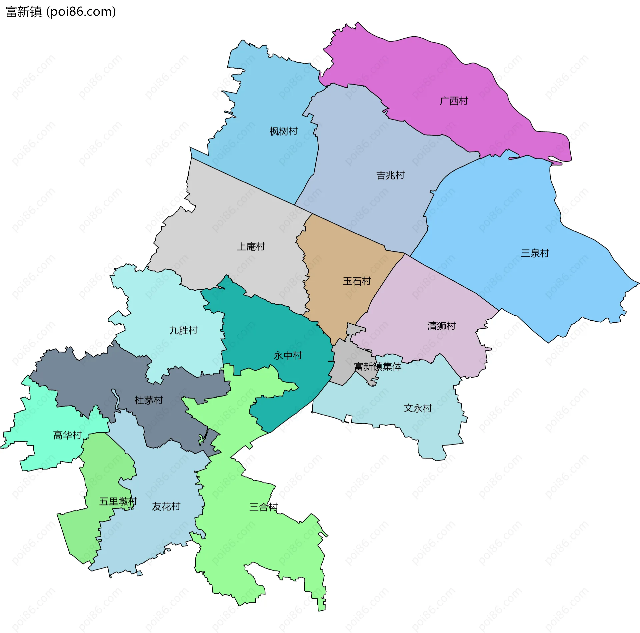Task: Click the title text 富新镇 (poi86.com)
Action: pyautogui.click(x=61, y=12)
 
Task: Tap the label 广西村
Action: pyautogui.click(x=454, y=101)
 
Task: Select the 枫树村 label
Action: pyautogui.click(x=283, y=132)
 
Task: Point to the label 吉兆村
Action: pyautogui.click(x=390, y=175)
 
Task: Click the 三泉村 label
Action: pyautogui.click(x=535, y=253)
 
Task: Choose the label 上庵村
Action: pyautogui.click(x=251, y=247)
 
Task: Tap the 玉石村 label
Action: pyautogui.click(x=357, y=281)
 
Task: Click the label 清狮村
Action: pyautogui.click(x=441, y=326)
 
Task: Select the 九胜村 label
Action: pyautogui.click(x=183, y=330)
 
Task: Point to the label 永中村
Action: pyautogui.click(x=288, y=356)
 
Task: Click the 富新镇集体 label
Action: pyautogui.click(x=378, y=367)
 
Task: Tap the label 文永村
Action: pyautogui.click(x=418, y=408)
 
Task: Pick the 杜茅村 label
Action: pyautogui.click(x=149, y=400)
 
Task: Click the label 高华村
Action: pyautogui.click(x=67, y=435)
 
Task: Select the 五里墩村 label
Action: pyautogui.click(x=118, y=501)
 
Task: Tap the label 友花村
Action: pyautogui.click(x=166, y=506)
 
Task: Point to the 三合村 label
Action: pyautogui.click(x=263, y=507)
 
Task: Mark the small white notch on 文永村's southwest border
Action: pyautogui.click(x=348, y=419)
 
